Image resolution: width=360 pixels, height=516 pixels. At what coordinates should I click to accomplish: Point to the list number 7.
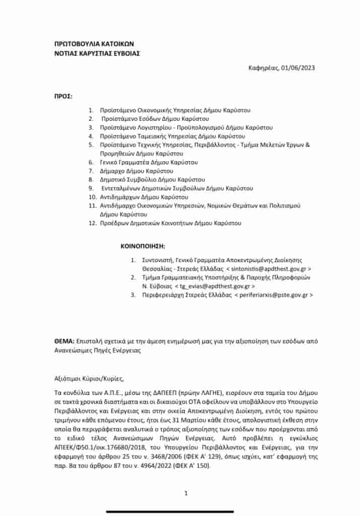[x=91, y=171]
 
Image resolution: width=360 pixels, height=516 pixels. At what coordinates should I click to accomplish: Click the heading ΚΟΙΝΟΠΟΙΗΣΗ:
[x=143, y=247]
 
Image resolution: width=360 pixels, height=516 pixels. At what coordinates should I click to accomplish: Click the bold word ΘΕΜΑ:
[x=64, y=341]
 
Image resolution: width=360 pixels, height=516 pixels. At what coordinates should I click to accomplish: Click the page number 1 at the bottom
[x=186, y=493]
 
